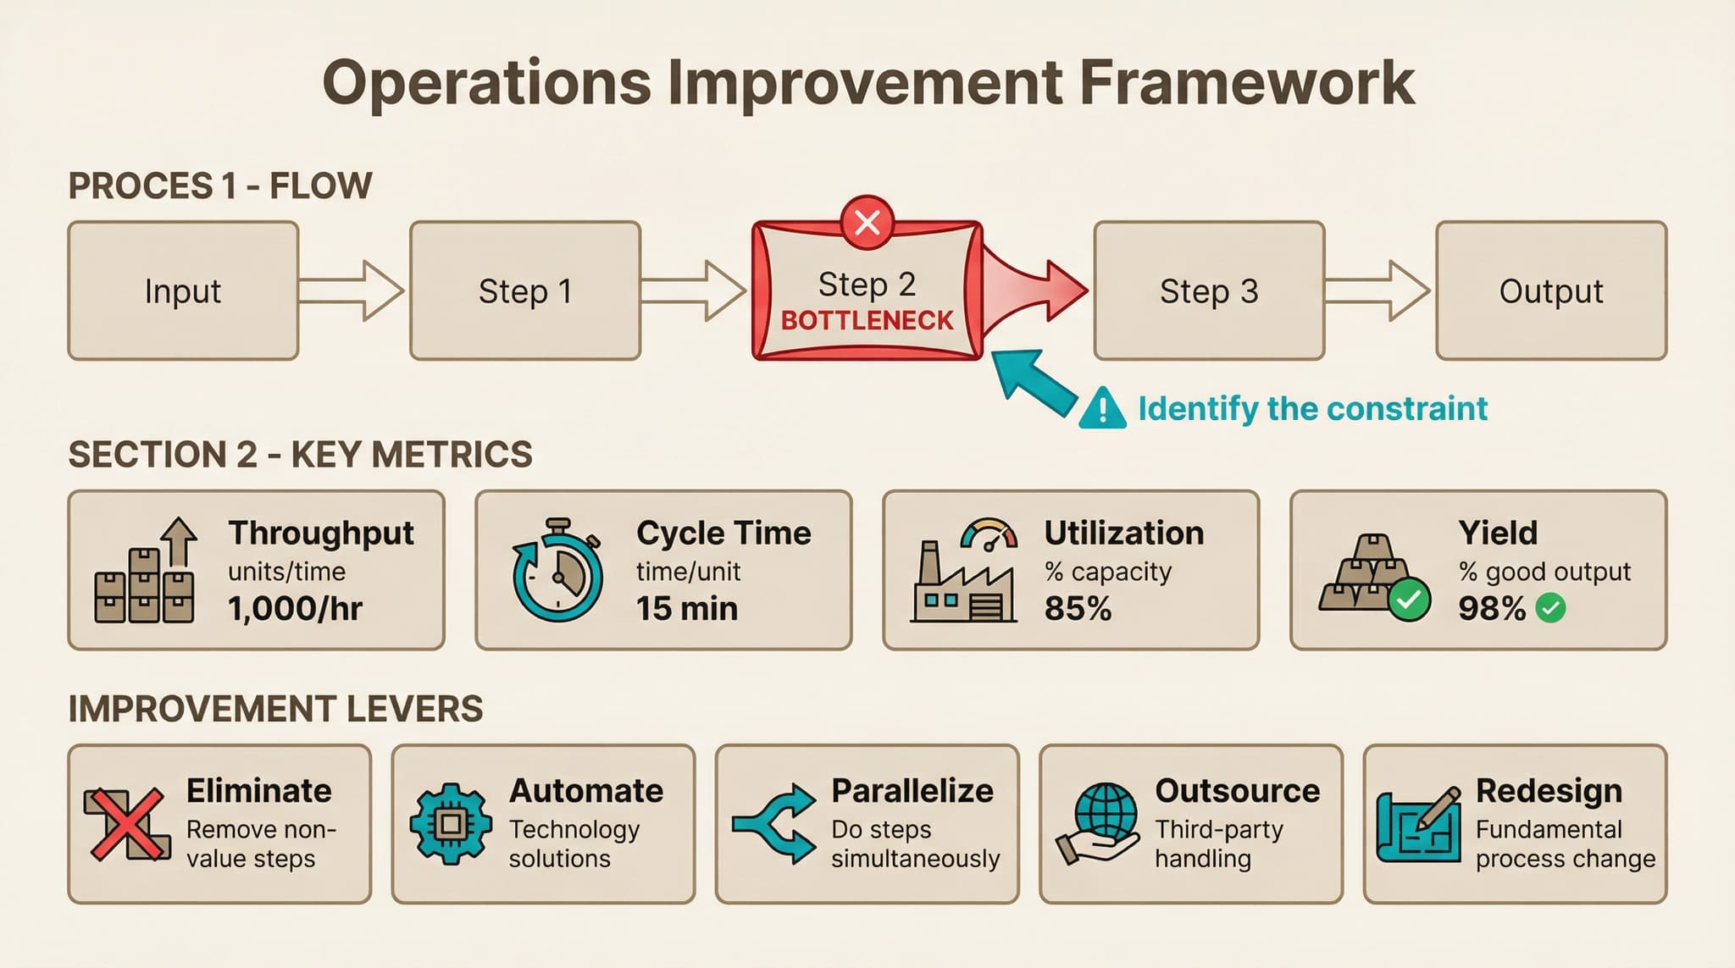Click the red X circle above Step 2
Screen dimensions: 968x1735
tap(867, 223)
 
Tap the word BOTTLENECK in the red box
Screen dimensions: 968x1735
tap(867, 321)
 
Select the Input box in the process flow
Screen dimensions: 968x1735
tap(183, 290)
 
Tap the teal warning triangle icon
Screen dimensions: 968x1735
tap(1102, 408)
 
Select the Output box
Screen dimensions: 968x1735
tap(1550, 290)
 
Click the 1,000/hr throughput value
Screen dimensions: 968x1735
tap(295, 609)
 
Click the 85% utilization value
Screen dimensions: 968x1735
tap(1078, 609)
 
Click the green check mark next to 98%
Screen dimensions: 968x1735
tap(1550, 608)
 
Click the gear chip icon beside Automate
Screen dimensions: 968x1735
tap(451, 823)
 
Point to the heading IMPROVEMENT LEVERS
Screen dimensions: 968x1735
tap(275, 709)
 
